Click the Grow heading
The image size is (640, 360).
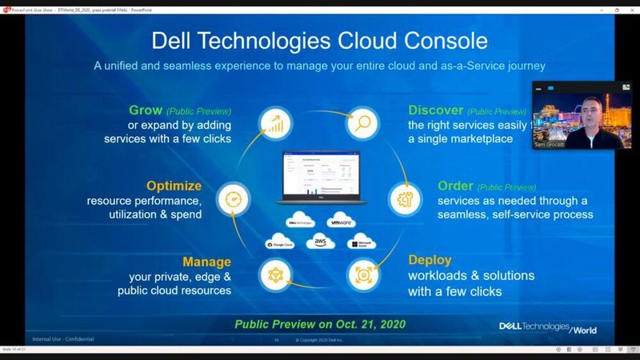coord(146,110)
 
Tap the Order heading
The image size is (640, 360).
coord(455,186)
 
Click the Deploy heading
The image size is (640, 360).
coord(431,261)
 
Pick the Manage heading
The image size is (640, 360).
coord(206,262)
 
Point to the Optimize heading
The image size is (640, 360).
coord(174,186)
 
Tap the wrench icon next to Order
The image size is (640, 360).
coord(404,197)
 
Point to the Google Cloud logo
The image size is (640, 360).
coord(280,242)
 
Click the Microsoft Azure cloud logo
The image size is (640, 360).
coord(361,242)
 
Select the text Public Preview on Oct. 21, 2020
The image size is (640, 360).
coord(319,324)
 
